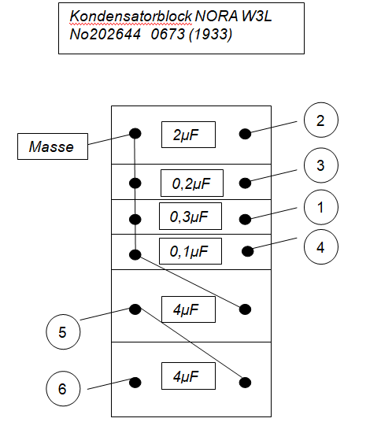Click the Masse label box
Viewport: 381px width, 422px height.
click(x=53, y=146)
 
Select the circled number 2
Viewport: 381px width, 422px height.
click(x=321, y=120)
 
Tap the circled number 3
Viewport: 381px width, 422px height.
click(x=321, y=165)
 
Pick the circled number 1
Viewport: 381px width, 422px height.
click(x=321, y=207)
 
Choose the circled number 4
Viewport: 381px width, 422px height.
click(x=321, y=246)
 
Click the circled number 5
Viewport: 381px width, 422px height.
click(x=63, y=331)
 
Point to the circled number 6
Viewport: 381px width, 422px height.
click(x=63, y=389)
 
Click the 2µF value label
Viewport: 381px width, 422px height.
click(x=188, y=135)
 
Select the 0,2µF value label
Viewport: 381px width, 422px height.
click(x=192, y=183)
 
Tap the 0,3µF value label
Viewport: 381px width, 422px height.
click(x=190, y=216)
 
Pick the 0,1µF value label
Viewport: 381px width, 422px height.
click(x=190, y=251)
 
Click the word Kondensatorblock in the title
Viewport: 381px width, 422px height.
click(x=131, y=17)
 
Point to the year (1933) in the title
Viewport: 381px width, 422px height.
click(x=211, y=35)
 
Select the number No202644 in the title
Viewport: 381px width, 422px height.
click(x=105, y=34)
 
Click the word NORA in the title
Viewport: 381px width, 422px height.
click(x=216, y=17)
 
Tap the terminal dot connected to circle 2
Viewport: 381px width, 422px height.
click(x=245, y=134)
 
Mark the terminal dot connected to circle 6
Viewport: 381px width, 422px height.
click(x=135, y=382)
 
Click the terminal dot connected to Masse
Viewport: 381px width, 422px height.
click(x=135, y=134)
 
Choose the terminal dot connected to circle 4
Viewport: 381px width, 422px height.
click(x=247, y=251)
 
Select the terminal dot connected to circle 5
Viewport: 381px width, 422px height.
click(x=135, y=309)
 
